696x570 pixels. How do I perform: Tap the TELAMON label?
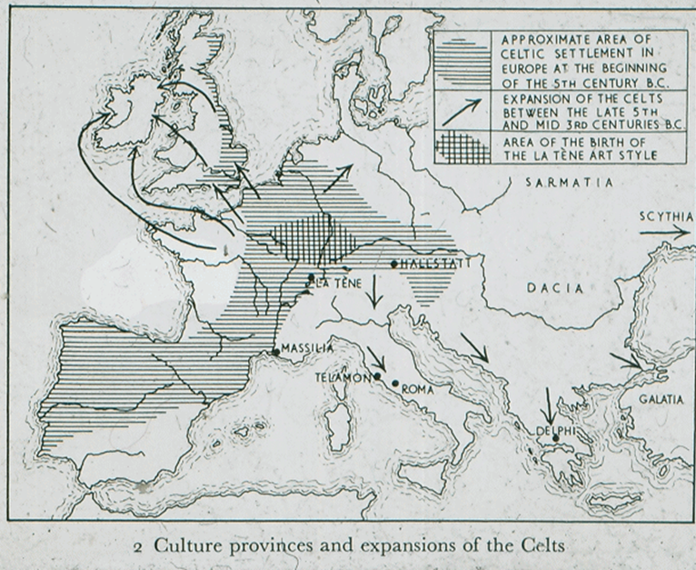[x=340, y=375]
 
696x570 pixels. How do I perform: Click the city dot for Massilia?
[x=276, y=352]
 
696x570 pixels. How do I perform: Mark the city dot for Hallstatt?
[x=393, y=265]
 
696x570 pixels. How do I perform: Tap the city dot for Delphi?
[x=555, y=437]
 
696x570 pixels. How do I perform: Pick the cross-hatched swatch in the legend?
[x=462, y=146]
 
